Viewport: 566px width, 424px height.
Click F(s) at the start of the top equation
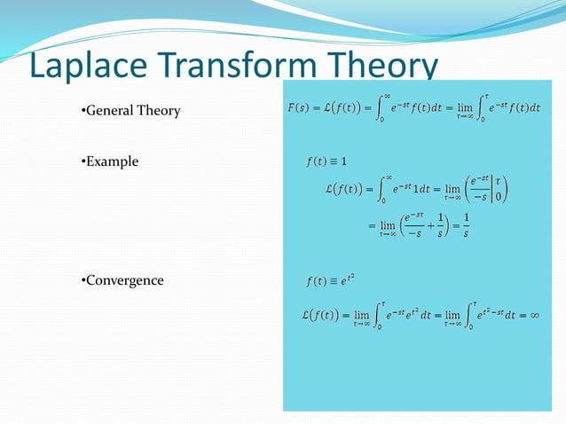pyautogui.click(x=299, y=109)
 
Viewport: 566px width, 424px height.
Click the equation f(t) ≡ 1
pyautogui.click(x=325, y=161)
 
